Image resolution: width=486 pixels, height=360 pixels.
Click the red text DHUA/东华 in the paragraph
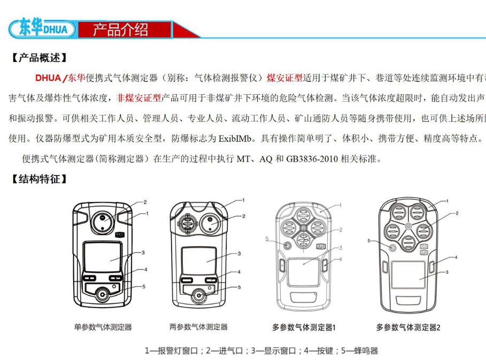pos(60,78)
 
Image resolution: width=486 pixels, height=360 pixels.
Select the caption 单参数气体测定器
pos(103,326)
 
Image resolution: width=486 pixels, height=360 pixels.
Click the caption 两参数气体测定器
pos(198,326)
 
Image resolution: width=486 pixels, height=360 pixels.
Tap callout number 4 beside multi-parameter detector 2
pos(456,257)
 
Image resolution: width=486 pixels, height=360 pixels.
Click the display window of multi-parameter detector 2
pos(409,278)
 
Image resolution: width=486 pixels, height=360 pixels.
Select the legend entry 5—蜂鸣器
pos(359,351)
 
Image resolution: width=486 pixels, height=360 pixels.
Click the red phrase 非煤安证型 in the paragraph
pos(138,98)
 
